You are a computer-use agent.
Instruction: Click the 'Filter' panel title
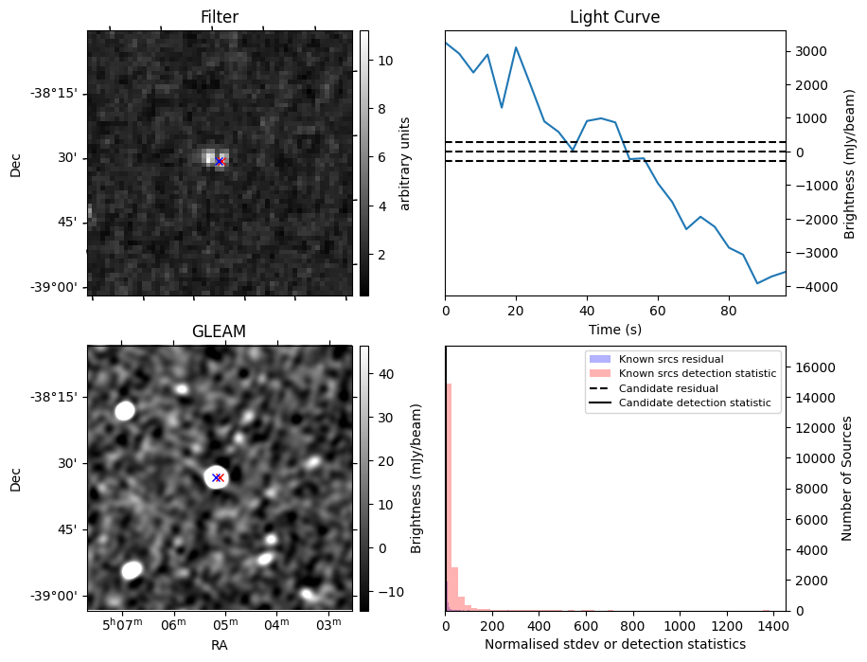click(x=220, y=17)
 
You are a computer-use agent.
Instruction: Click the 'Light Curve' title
click(x=614, y=17)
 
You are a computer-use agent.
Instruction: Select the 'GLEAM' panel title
click(x=220, y=331)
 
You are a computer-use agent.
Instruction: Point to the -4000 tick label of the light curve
click(x=812, y=286)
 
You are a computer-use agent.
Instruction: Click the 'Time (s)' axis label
click(x=614, y=329)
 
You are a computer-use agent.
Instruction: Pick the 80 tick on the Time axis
click(x=728, y=310)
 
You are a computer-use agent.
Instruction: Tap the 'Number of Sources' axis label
click(x=848, y=478)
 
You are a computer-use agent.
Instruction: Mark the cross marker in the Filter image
click(x=220, y=162)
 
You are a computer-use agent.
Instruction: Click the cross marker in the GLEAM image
click(x=217, y=478)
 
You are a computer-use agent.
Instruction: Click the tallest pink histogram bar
click(x=450, y=497)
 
